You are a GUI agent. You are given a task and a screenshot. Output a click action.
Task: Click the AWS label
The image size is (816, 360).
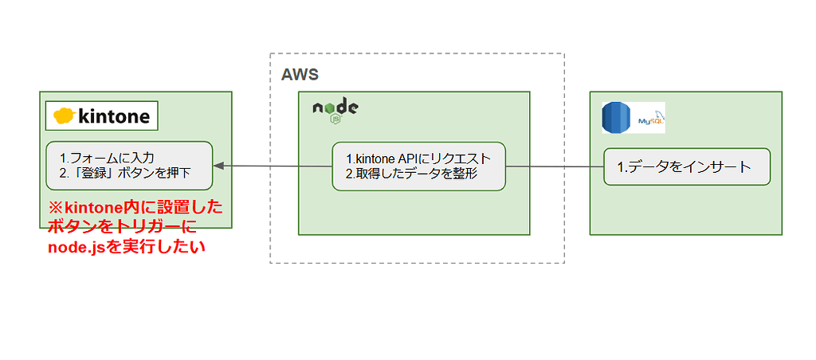click(x=300, y=75)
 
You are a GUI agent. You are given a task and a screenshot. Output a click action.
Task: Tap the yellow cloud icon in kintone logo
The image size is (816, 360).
click(x=64, y=116)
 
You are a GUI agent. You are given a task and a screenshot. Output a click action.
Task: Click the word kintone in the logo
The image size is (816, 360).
click(x=113, y=116)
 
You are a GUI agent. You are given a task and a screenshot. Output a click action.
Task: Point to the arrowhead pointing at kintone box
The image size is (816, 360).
click(x=218, y=166)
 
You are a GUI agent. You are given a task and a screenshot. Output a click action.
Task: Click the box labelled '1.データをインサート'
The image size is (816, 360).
click(x=686, y=167)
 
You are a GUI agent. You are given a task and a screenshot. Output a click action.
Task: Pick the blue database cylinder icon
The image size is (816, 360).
click(x=615, y=119)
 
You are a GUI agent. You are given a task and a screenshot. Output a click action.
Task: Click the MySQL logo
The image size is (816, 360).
click(x=650, y=119)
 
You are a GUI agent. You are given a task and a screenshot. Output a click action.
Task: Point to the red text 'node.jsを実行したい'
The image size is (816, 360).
click(x=127, y=247)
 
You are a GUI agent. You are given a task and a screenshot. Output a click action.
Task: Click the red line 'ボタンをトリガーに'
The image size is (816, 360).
click(x=127, y=227)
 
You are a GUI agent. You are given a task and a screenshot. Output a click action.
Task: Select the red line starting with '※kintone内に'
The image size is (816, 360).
click(x=135, y=207)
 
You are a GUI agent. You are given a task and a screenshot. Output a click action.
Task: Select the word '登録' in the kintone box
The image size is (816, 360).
click(x=95, y=172)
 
